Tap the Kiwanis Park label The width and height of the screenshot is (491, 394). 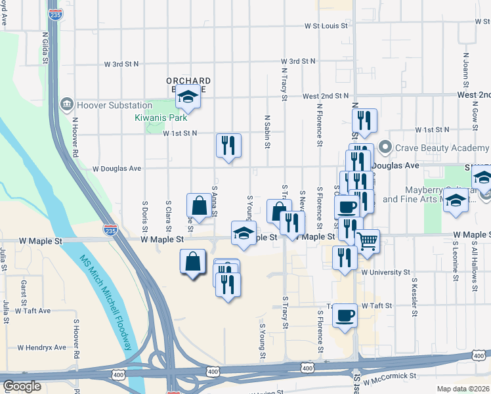click(161, 118)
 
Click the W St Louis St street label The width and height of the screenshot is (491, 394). click(326, 26)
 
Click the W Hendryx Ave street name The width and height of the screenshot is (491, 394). click(42, 347)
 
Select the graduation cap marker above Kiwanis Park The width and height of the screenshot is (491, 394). click(188, 97)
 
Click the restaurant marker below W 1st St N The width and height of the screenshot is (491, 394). click(228, 145)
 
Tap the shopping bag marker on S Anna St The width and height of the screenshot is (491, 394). click(199, 205)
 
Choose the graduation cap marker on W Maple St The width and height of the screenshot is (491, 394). click(244, 232)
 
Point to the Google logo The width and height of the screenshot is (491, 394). click(22, 386)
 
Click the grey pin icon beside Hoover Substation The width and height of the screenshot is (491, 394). click(66, 105)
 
